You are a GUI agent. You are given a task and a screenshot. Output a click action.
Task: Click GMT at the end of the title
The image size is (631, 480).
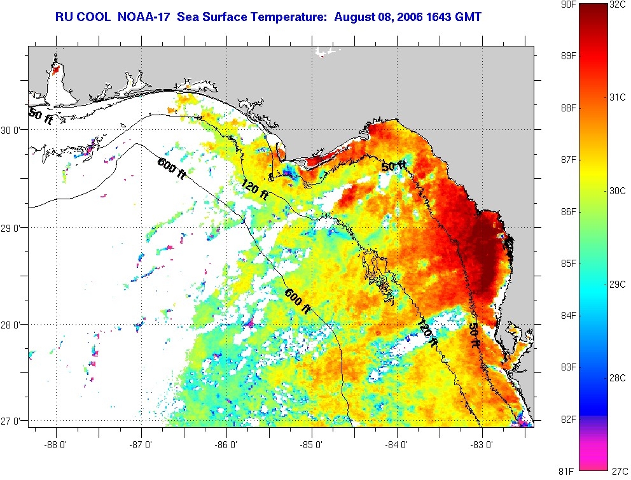pyautogui.click(x=464, y=16)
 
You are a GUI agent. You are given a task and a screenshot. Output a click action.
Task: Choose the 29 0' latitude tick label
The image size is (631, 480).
pyautogui.click(x=14, y=227)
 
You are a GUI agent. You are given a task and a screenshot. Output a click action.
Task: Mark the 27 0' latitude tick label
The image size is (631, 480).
pyautogui.click(x=14, y=421)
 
